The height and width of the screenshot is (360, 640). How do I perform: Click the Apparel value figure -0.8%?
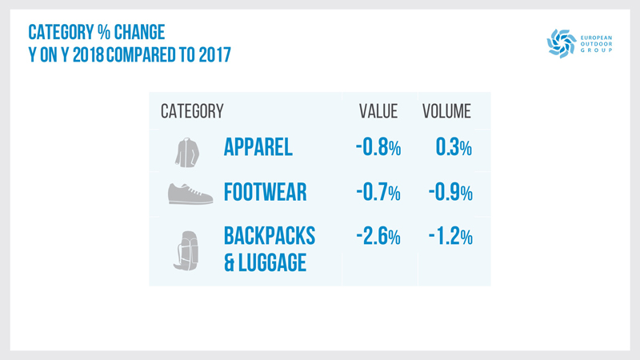tap(378, 148)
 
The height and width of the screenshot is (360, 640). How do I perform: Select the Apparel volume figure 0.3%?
tap(454, 148)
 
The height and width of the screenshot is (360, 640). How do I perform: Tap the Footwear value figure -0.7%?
tap(378, 193)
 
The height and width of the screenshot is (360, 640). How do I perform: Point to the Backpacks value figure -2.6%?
tap(378, 237)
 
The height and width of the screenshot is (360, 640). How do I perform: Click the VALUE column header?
tap(378, 111)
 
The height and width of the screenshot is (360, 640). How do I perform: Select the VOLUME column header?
tap(446, 111)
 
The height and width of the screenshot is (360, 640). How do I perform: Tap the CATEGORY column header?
tap(192, 111)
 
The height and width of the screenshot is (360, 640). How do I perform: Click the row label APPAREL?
tap(258, 148)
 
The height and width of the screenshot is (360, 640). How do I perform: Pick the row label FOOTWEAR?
tap(266, 193)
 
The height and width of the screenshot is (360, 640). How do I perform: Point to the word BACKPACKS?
tap(270, 236)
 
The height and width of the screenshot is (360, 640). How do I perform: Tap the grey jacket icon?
tap(186, 150)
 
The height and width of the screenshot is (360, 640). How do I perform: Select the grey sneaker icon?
tap(190, 194)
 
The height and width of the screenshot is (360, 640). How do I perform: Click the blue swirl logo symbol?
tap(561, 43)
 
